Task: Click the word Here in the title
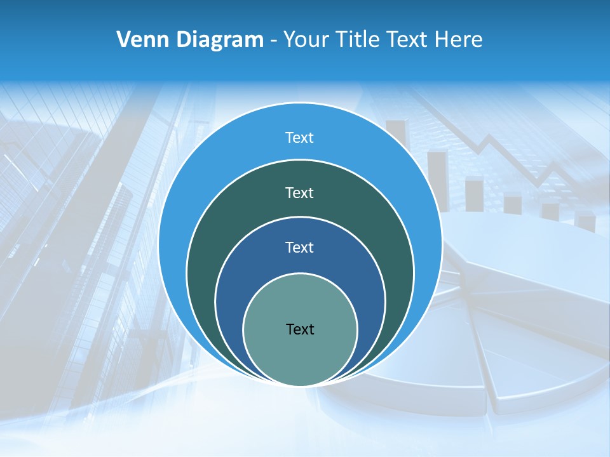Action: pyautogui.click(x=458, y=39)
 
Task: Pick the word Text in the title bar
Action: pyautogui.click(x=409, y=39)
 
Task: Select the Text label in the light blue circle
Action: pyautogui.click(x=300, y=138)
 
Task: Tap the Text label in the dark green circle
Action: pyautogui.click(x=300, y=192)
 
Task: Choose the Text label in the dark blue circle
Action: pyautogui.click(x=300, y=247)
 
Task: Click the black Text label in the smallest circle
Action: pyautogui.click(x=300, y=329)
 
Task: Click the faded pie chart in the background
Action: pyautogui.click(x=508, y=317)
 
